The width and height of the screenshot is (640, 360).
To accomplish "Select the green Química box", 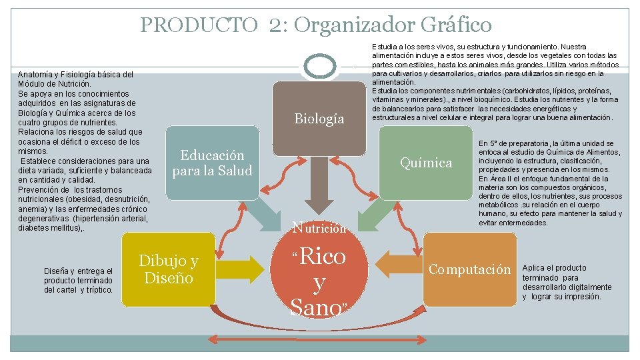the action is point(425,163).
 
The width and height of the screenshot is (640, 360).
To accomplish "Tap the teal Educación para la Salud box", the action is point(212,163).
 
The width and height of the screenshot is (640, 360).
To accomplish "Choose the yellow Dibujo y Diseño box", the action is point(169,269).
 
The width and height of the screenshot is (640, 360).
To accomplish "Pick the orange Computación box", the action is point(469,269).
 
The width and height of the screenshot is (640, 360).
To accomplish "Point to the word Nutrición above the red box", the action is point(319,228).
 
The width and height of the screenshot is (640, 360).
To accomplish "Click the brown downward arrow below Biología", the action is point(319,200).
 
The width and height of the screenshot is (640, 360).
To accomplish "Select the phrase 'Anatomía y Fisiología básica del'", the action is point(75,75).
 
